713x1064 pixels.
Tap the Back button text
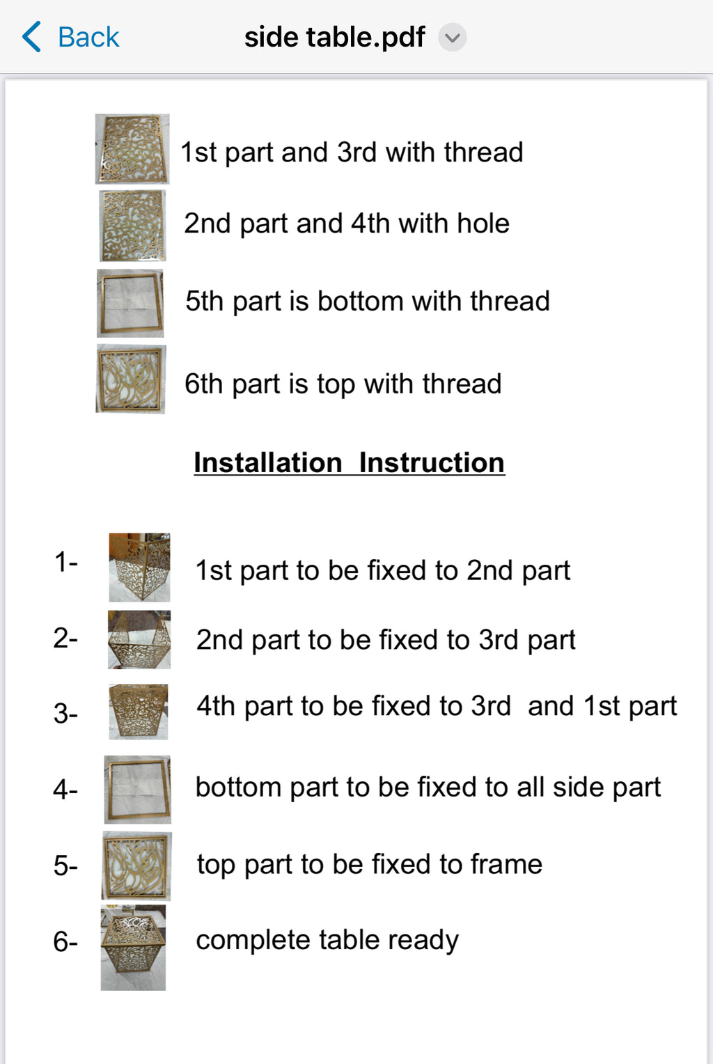(88, 37)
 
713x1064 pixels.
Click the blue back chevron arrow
(31, 37)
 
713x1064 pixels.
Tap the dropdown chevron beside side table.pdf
(452, 37)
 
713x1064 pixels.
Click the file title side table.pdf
(334, 37)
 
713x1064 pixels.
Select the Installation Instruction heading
(349, 462)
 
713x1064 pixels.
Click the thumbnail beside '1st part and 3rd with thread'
(132, 149)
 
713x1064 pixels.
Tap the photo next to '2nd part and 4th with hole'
(132, 226)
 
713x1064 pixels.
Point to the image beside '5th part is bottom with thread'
(130, 303)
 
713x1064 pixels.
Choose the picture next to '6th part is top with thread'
(131, 379)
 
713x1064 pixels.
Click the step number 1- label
(65, 561)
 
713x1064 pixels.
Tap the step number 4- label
(65, 790)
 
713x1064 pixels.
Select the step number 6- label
(65, 941)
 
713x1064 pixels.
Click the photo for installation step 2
(139, 639)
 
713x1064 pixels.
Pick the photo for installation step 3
(139, 712)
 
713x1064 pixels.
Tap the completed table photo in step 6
(133, 947)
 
